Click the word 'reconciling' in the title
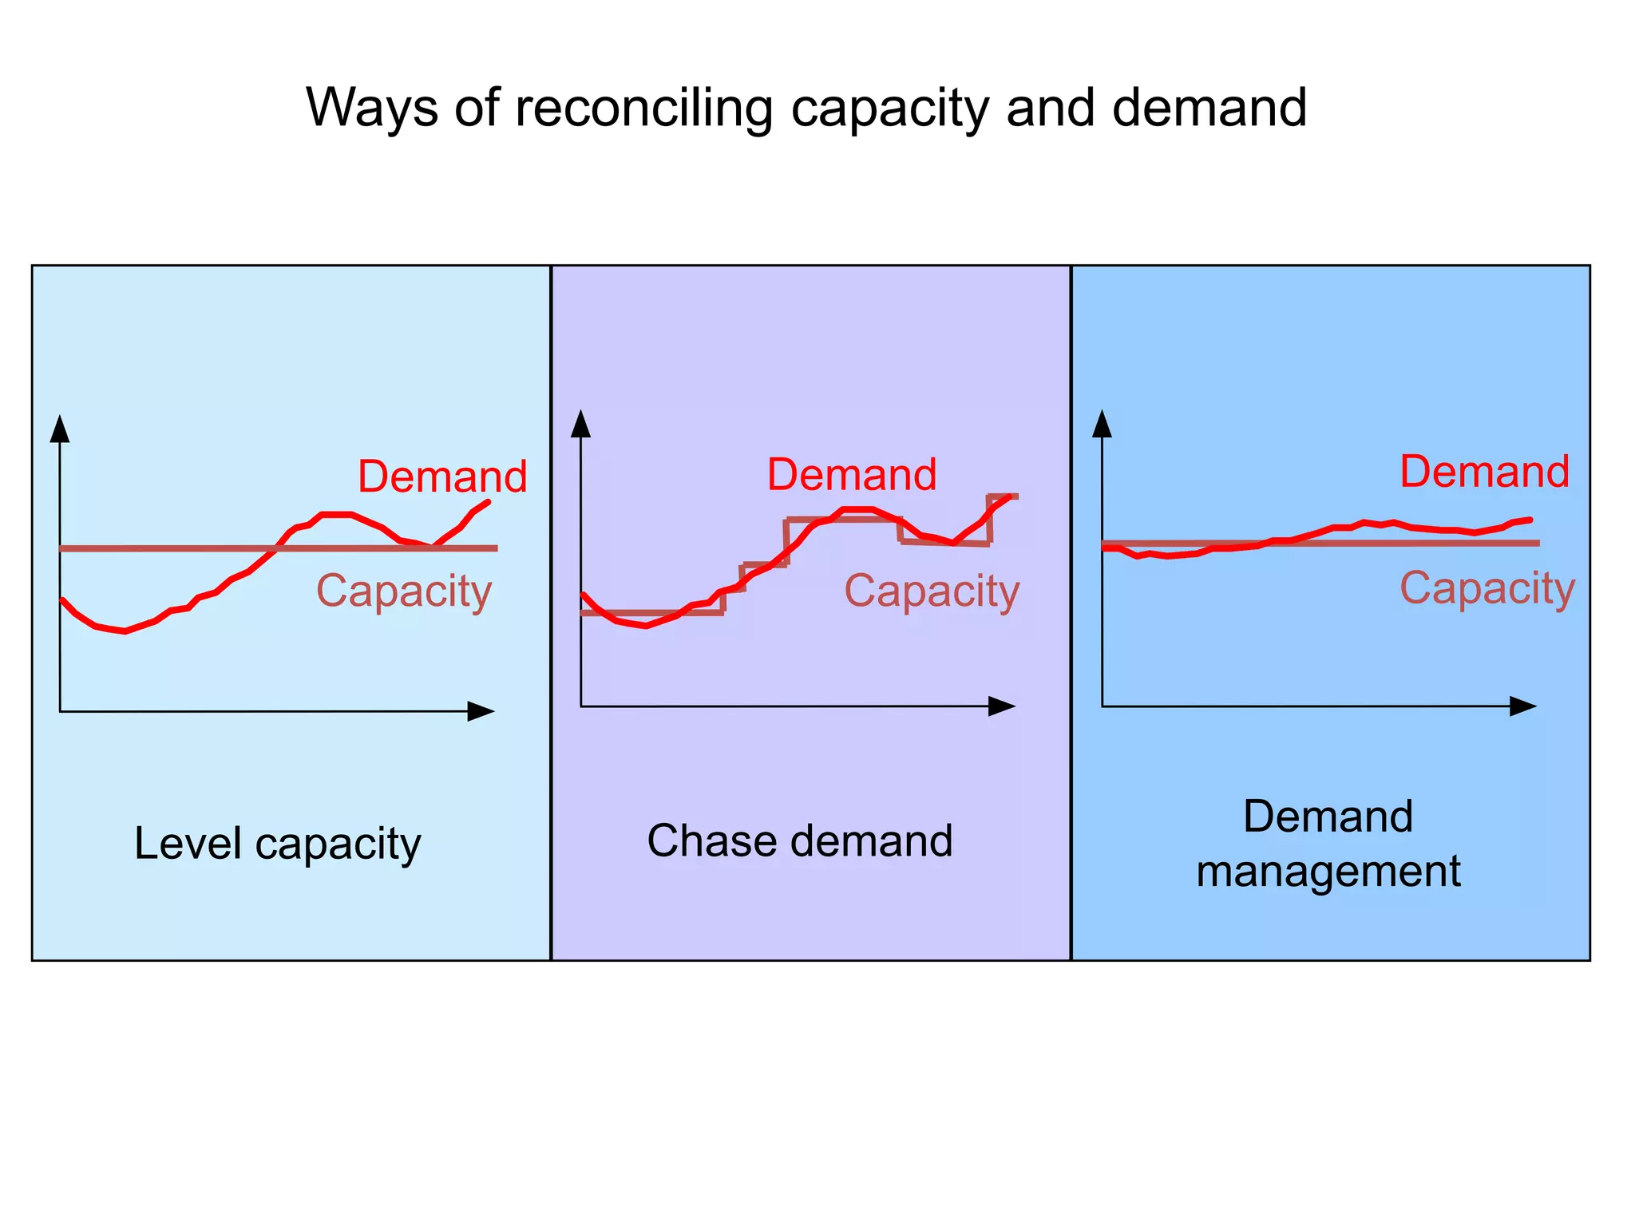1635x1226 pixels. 643,108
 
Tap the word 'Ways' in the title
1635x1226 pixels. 372,108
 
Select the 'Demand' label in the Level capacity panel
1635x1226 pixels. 442,477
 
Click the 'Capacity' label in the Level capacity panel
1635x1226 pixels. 404,591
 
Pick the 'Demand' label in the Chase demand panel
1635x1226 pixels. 852,475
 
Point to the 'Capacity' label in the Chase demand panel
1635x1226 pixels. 932,591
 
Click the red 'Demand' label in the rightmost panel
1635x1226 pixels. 1484,472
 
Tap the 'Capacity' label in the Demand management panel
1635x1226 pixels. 1487,588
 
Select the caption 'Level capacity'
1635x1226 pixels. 277,844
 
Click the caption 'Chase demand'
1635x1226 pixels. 800,841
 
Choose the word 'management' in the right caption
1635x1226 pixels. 1328,871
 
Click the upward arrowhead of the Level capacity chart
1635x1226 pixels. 60,429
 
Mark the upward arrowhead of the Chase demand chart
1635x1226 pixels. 581,425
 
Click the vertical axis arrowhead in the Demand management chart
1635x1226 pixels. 1103,425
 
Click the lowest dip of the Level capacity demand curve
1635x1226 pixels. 124,631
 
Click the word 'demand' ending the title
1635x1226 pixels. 1209,108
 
